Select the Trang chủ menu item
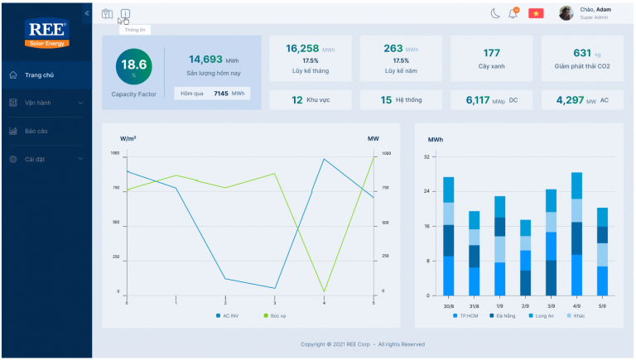click(x=39, y=75)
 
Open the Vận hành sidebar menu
click(x=46, y=103)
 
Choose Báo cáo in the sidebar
click(x=36, y=131)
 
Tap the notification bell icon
click(x=513, y=13)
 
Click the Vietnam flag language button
click(x=536, y=13)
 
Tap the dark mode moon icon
click(x=495, y=13)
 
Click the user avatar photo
click(x=566, y=13)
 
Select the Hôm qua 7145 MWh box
click(x=213, y=94)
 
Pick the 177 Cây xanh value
click(x=492, y=53)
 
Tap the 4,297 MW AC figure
click(x=571, y=100)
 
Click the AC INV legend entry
click(x=227, y=316)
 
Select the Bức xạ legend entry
click(x=275, y=316)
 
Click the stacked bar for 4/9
click(x=576, y=234)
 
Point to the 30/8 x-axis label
click(x=448, y=305)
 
